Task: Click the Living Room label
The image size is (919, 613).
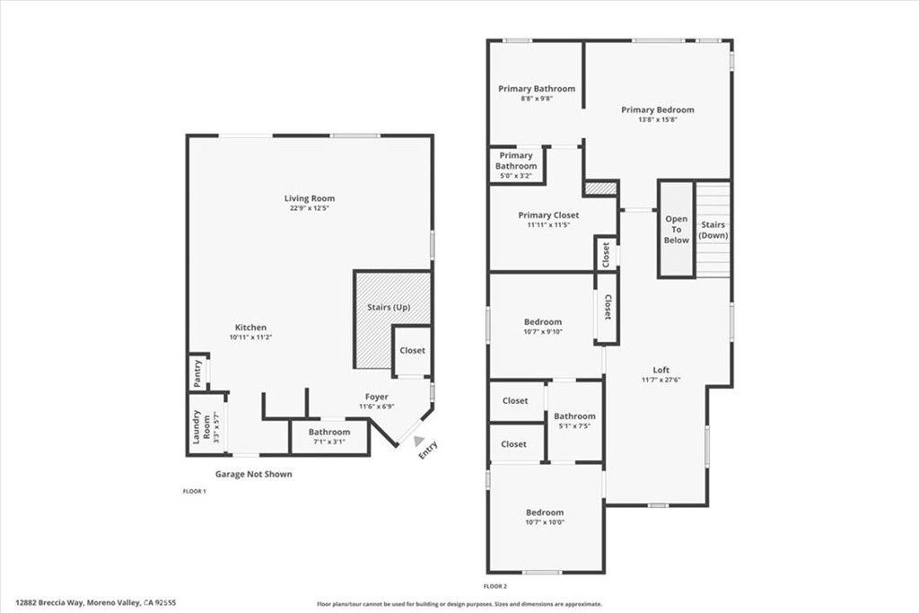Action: (310, 198)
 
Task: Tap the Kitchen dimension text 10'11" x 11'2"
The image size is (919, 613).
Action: (251, 337)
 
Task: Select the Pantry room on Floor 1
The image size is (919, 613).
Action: (198, 372)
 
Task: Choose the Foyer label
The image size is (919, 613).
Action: (376, 397)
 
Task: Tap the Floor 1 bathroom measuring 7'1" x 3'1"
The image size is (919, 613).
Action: (329, 436)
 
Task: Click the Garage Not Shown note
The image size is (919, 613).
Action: (253, 474)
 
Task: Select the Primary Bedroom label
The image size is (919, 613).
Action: (658, 109)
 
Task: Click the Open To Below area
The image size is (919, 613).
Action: (677, 229)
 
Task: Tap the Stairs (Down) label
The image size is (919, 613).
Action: (713, 230)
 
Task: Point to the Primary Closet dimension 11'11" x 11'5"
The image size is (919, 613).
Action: (548, 224)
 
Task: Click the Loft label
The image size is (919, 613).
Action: (661, 370)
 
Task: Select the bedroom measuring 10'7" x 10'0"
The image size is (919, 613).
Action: (545, 518)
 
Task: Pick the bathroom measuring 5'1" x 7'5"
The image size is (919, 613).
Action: (575, 421)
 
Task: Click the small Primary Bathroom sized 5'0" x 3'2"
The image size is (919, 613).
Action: (516, 164)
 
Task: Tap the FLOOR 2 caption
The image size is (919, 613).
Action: (495, 586)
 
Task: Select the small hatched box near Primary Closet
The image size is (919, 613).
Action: (600, 188)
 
